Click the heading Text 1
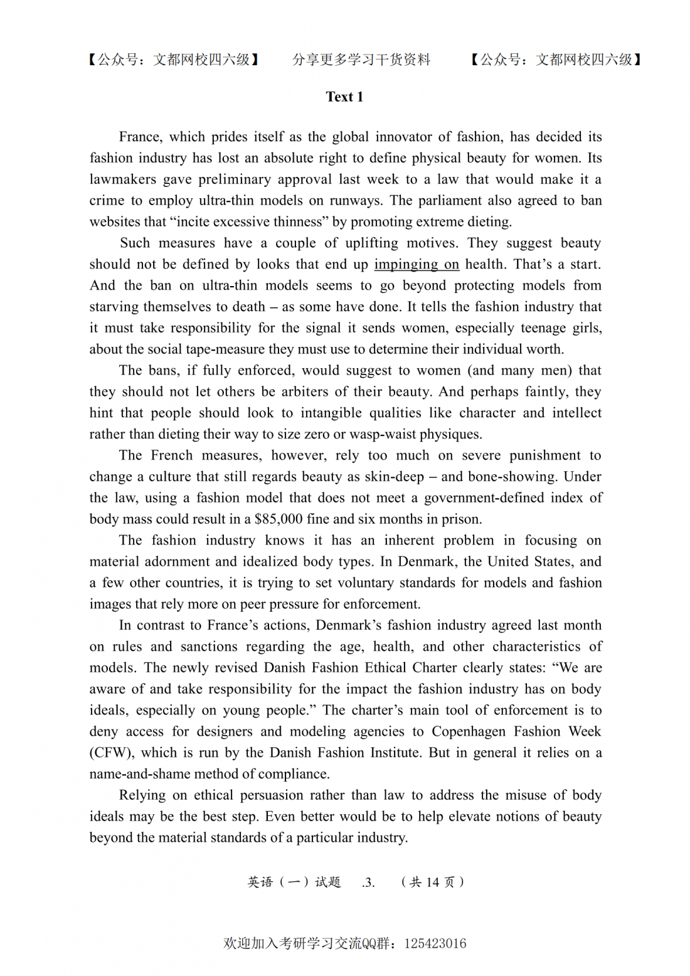click(344, 97)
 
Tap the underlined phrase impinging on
click(417, 264)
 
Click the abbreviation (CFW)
click(112, 753)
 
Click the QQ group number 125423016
click(435, 943)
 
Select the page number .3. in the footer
click(369, 883)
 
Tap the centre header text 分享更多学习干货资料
click(361, 60)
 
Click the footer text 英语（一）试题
click(294, 883)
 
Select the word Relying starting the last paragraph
click(142, 795)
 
